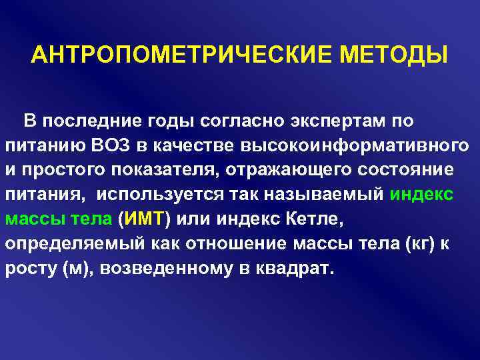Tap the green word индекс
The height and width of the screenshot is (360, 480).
coord(422,194)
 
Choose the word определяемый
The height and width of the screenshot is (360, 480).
coord(62,243)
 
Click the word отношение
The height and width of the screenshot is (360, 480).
coord(239,243)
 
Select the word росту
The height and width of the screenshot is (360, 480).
coord(27,267)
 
